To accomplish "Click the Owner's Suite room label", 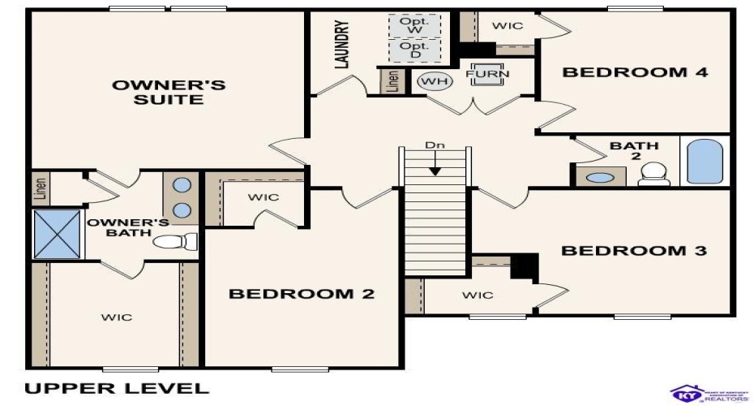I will pyautogui.click(x=169, y=92).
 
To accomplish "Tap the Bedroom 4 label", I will pyautogui.click(x=636, y=72).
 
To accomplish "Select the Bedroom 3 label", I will pyautogui.click(x=634, y=250).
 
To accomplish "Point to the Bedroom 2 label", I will pyautogui.click(x=302, y=294).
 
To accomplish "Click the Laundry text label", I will pyautogui.click(x=342, y=45).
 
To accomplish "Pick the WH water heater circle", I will pyautogui.click(x=433, y=80).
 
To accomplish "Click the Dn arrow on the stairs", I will pyautogui.click(x=435, y=162).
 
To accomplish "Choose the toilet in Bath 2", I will pyautogui.click(x=653, y=174).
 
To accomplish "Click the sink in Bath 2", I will pyautogui.click(x=601, y=177).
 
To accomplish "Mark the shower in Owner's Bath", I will pyautogui.click(x=56, y=235).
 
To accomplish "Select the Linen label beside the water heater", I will pyautogui.click(x=392, y=81).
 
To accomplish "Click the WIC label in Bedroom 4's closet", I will pyautogui.click(x=508, y=25).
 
